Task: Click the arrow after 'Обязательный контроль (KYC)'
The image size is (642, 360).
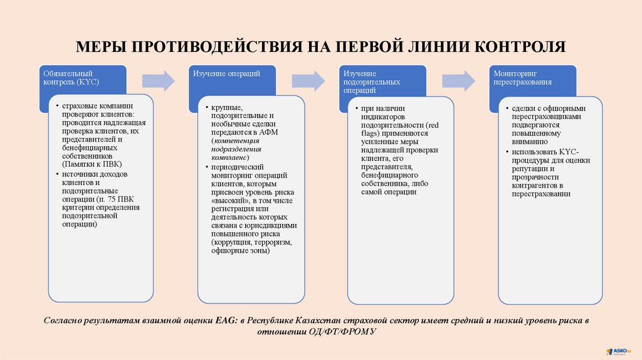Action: point(158,80)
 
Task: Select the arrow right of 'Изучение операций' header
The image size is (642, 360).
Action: point(308,80)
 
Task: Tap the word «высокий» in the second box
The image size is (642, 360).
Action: point(229,200)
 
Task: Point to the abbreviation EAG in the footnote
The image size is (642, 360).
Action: point(224,320)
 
